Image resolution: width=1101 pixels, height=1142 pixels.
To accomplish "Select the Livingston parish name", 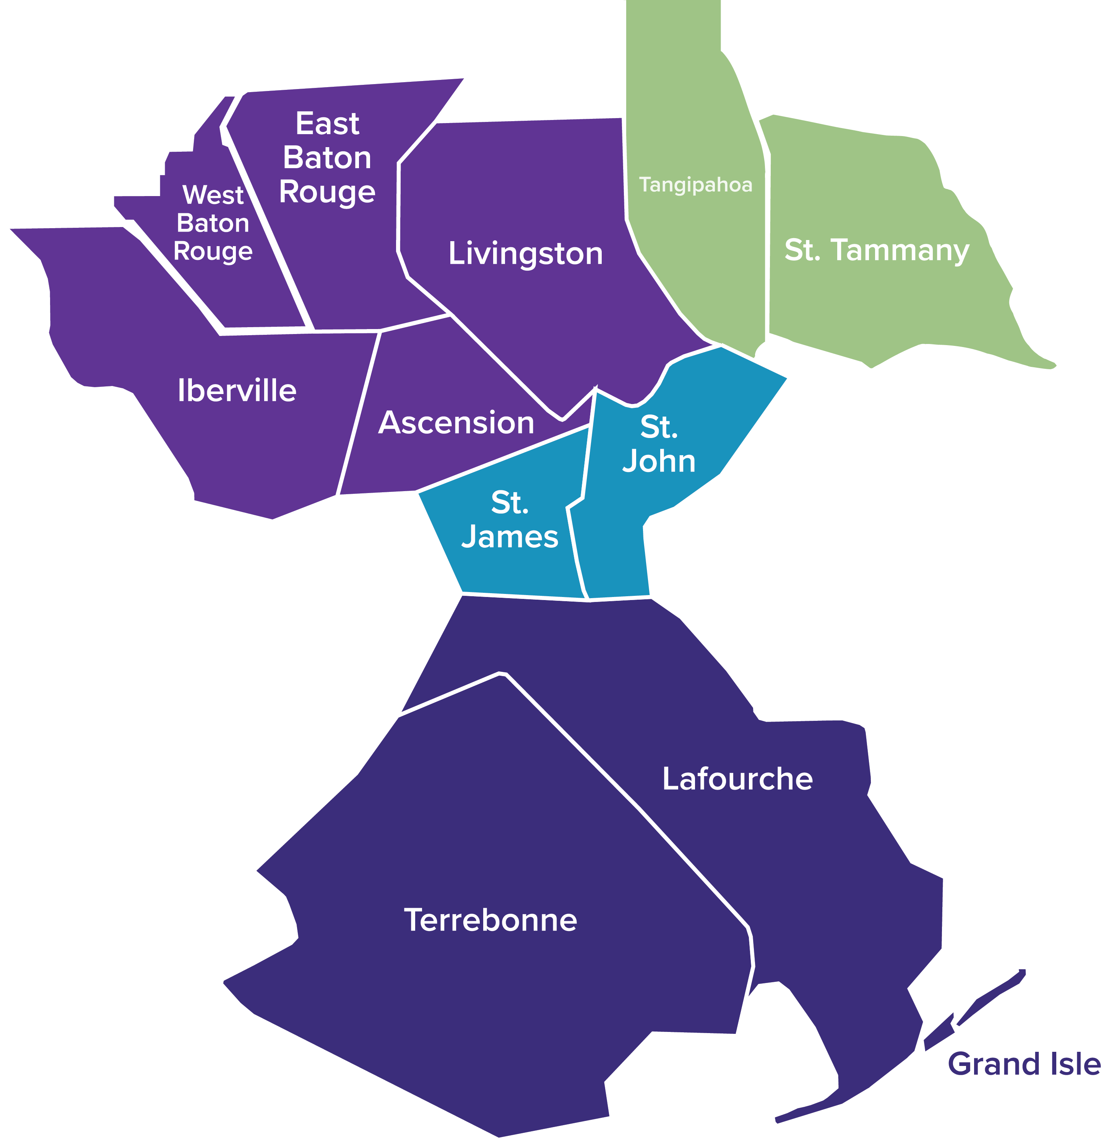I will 525,254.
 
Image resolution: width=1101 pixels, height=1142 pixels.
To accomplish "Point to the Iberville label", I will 237,390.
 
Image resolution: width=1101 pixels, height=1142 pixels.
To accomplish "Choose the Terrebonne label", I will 490,920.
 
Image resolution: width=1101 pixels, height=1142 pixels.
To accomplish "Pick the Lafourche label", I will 737,779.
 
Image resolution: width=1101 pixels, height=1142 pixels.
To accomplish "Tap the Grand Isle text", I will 1023,1064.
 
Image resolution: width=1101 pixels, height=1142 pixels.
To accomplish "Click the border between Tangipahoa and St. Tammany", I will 767,245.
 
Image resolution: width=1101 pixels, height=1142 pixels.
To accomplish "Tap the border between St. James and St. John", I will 576,548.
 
